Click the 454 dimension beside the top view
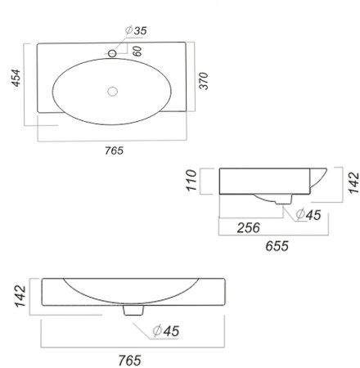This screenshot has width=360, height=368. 16,78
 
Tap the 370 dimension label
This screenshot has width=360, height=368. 204,81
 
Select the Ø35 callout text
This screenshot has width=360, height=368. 136,30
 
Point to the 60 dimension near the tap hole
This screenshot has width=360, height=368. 137,51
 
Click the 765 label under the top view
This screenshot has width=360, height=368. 115,150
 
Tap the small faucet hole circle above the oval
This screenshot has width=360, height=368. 112,53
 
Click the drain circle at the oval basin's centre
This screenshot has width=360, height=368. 112,92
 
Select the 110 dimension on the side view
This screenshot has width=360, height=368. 191,180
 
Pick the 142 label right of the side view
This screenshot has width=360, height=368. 354,182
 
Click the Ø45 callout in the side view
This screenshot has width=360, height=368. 308,215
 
